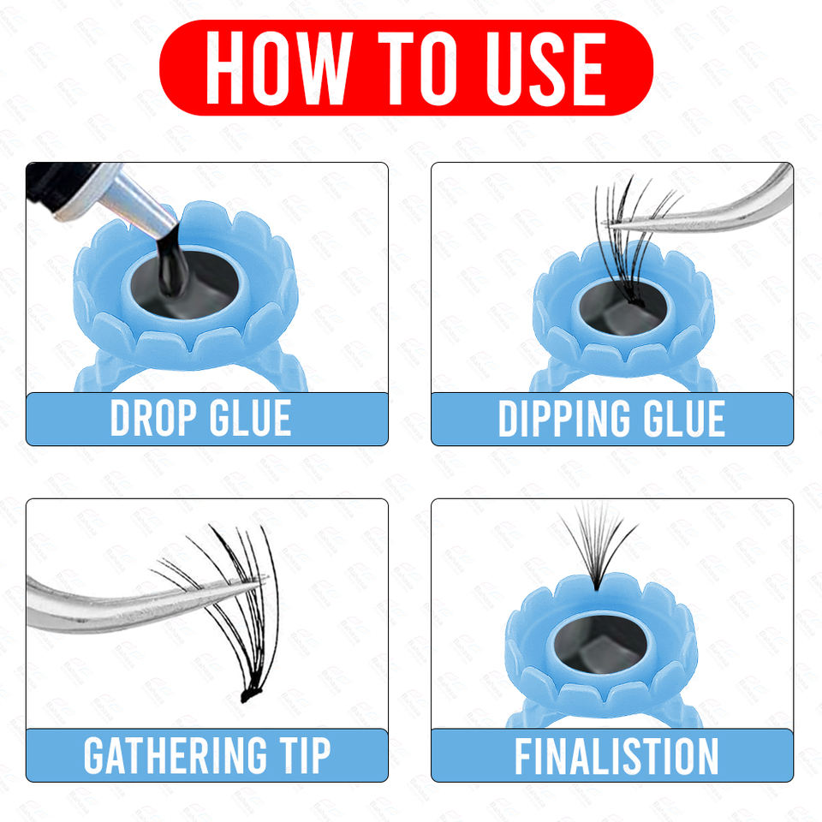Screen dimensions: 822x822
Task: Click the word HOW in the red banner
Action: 278,68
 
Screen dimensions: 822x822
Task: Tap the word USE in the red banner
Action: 545,68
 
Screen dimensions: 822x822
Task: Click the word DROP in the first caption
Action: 153,418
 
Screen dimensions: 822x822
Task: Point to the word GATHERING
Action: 175,755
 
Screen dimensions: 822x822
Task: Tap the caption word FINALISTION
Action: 616,755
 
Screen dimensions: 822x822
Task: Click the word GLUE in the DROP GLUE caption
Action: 250,418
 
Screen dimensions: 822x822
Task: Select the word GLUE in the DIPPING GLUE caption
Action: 684,418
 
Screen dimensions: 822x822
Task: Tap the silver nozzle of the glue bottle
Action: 134,202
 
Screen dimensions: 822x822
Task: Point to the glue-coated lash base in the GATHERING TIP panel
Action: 251,694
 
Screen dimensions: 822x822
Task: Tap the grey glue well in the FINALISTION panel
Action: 601,643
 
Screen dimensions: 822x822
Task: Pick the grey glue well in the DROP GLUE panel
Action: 183,284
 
